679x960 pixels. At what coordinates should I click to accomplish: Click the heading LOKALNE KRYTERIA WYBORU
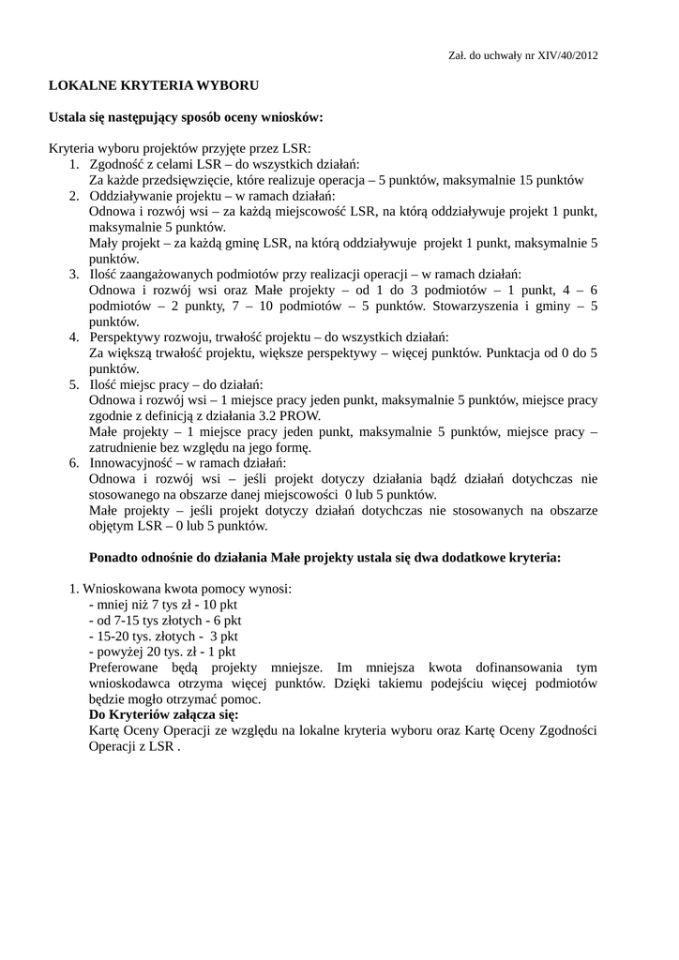[x=154, y=85]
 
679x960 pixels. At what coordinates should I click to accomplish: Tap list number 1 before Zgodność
[x=73, y=164]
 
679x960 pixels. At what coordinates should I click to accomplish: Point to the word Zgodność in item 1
[x=117, y=164]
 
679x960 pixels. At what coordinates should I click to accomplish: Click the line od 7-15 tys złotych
[x=164, y=620]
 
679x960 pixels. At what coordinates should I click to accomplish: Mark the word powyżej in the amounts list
[x=118, y=652]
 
